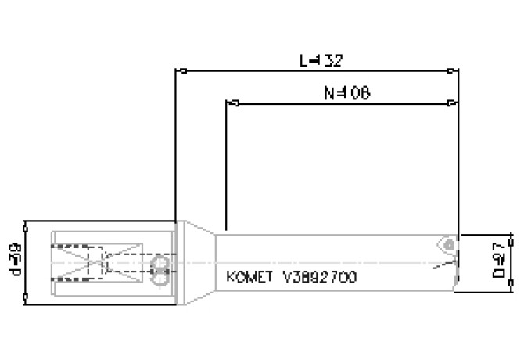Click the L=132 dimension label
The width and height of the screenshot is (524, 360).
point(321,59)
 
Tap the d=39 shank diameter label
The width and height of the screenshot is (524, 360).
point(15,260)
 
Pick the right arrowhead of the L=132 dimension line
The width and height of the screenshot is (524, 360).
point(455,70)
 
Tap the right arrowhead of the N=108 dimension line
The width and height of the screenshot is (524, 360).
point(454,103)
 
